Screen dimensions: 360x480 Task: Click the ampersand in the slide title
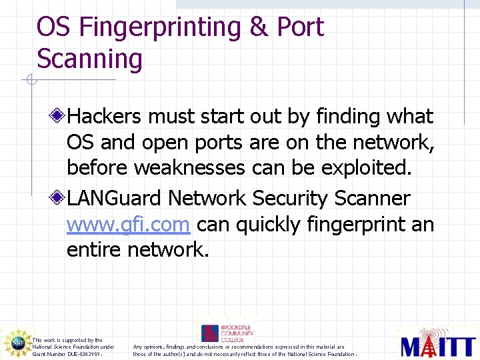[x=256, y=27]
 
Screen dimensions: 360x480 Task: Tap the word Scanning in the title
[x=89, y=59]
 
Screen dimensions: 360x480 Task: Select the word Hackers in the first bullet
[x=105, y=117]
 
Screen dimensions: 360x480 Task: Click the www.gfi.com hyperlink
[x=128, y=225]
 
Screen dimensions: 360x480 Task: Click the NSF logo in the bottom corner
[x=16, y=343]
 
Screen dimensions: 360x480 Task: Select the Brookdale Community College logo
[x=227, y=333]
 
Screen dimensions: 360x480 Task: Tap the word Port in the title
[x=300, y=27]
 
